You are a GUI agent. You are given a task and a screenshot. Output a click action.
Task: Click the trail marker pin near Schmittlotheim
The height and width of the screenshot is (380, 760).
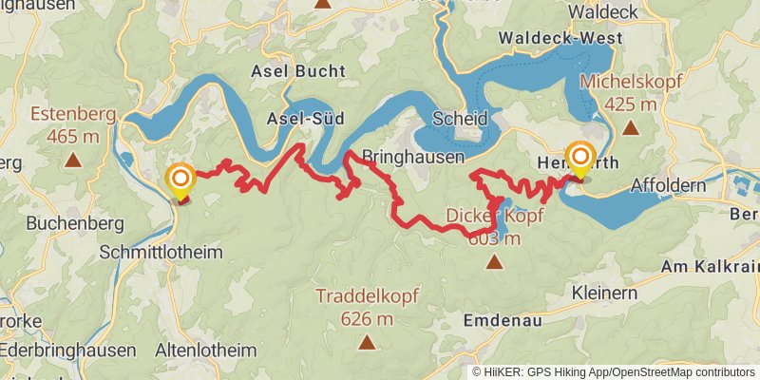(x=179, y=180)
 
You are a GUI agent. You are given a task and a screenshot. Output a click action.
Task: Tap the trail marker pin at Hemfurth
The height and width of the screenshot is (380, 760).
(x=579, y=157)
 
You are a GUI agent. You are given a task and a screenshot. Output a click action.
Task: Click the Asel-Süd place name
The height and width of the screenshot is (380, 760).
(x=298, y=118)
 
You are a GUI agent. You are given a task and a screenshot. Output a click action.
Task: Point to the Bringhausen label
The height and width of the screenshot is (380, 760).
(x=412, y=156)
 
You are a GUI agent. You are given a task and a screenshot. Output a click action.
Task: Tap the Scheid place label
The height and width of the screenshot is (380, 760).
(x=459, y=119)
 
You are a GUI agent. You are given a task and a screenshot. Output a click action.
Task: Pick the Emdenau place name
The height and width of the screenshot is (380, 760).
(x=503, y=321)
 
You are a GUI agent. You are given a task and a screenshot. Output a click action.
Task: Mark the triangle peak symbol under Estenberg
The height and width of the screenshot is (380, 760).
(x=72, y=161)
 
